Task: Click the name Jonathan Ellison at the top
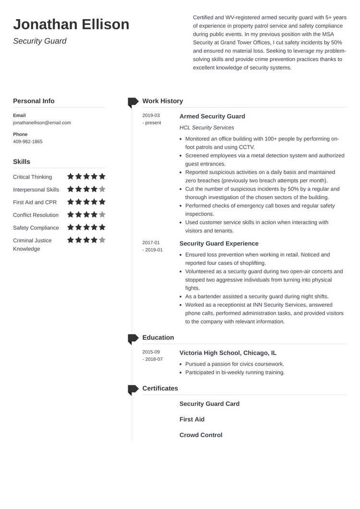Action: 71,24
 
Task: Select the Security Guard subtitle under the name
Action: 40,41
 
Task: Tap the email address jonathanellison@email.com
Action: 42,123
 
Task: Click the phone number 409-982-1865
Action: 28,142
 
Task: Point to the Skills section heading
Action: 22,162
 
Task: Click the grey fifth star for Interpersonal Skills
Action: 102,189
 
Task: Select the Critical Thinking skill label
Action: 32,177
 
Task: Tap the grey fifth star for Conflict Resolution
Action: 102,215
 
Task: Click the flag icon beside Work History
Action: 133,102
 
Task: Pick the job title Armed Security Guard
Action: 212,117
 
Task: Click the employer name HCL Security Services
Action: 206,128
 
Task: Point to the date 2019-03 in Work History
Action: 151,116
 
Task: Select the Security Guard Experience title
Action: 219,244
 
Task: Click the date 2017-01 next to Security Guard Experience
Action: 151,243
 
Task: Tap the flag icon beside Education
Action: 133,338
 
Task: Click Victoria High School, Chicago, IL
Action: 228,353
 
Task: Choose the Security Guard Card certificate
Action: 209,404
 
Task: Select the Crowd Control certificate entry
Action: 201,435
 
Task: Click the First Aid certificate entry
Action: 192,419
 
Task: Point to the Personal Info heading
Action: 34,101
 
